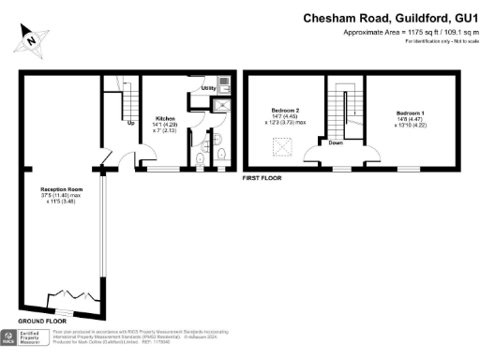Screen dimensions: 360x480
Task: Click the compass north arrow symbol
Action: click(x=33, y=39)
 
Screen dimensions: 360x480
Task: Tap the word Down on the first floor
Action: click(x=336, y=143)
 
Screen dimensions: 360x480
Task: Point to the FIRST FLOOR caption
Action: click(x=262, y=177)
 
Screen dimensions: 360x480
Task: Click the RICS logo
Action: click(x=11, y=337)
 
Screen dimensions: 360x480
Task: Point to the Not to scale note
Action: click(x=459, y=42)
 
